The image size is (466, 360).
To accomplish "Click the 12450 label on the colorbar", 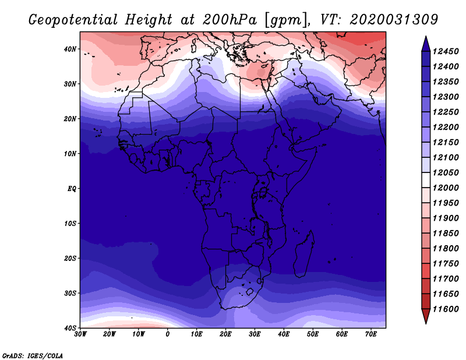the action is (446, 51).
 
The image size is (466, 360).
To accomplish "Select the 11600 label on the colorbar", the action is (446, 309).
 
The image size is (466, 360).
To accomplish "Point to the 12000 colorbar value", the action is (446, 188).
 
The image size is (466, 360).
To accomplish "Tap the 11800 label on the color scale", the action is (446, 248).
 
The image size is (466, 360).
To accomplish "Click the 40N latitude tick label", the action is (70, 49).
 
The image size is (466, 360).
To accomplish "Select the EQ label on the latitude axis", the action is (72, 189).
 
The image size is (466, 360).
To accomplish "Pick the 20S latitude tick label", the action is (70, 258).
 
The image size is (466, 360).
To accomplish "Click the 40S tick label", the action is (70, 328).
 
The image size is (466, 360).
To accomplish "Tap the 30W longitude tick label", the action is (80, 334).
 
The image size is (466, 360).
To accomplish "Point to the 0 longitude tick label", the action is (168, 334).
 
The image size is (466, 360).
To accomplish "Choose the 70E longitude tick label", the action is (371, 334).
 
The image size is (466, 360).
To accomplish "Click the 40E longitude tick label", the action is (284, 334).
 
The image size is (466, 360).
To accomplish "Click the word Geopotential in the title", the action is (73, 20).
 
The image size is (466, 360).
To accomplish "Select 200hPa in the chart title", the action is (230, 20).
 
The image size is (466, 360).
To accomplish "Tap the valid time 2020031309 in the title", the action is (394, 20).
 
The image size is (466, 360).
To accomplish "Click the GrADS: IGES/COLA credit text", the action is (33, 355).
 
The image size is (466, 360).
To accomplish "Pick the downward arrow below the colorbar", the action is (426, 316).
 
